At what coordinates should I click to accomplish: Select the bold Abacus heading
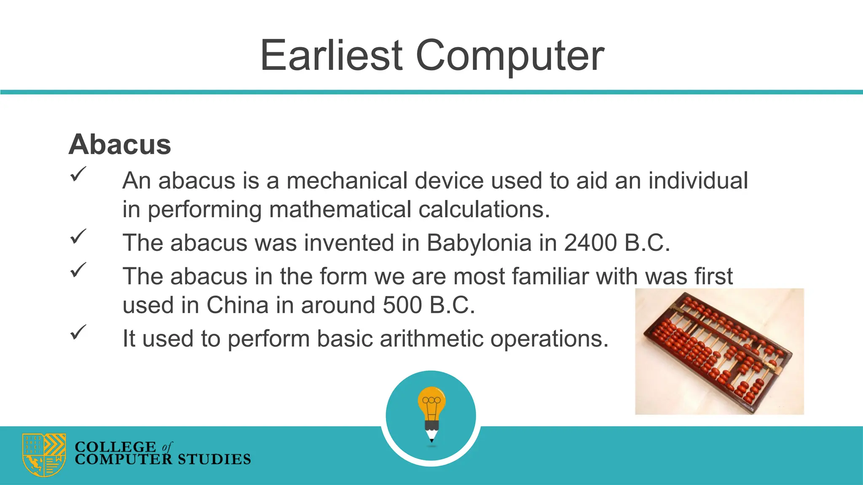point(120,144)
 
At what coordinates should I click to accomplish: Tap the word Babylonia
point(479,243)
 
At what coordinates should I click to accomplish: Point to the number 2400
point(590,243)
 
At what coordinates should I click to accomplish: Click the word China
point(237,305)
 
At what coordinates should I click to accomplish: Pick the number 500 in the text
point(402,305)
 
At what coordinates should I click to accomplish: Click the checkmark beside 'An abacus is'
point(78,174)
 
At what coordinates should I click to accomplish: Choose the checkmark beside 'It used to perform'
point(78,332)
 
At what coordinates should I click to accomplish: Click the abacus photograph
point(719,351)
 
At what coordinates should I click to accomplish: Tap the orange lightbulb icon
point(431,402)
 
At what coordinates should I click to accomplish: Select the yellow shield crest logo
point(44,455)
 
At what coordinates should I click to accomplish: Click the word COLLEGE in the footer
point(115,446)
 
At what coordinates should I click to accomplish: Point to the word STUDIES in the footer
point(214,459)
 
